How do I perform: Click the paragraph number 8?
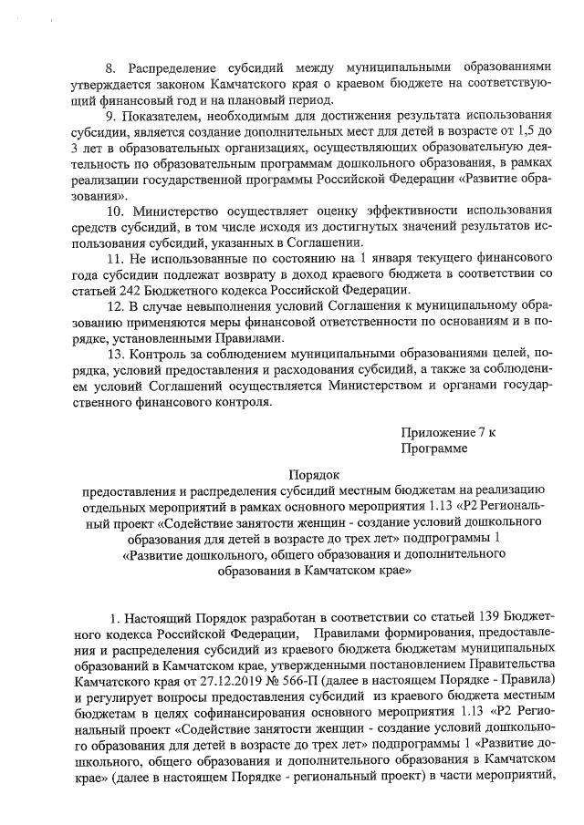[111, 68]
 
